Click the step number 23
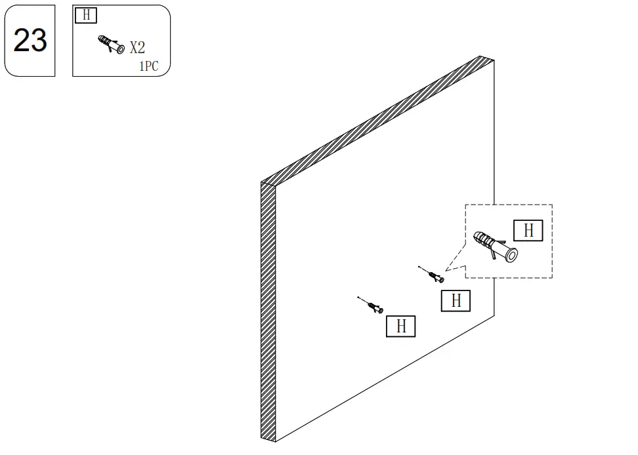(x=30, y=40)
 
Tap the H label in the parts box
(x=86, y=15)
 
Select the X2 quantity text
(x=138, y=47)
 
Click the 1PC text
(x=148, y=66)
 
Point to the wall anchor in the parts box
(x=111, y=45)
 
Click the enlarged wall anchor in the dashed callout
(x=495, y=246)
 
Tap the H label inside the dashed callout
(x=528, y=230)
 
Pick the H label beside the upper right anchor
(x=456, y=301)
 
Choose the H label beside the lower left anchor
(x=401, y=326)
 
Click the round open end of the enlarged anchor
(x=511, y=255)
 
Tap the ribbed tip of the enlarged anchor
(x=480, y=238)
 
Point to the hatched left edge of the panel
(x=268, y=311)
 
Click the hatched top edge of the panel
(x=377, y=121)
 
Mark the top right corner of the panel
(x=494, y=60)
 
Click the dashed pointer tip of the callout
(x=446, y=270)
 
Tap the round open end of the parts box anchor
(x=120, y=50)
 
